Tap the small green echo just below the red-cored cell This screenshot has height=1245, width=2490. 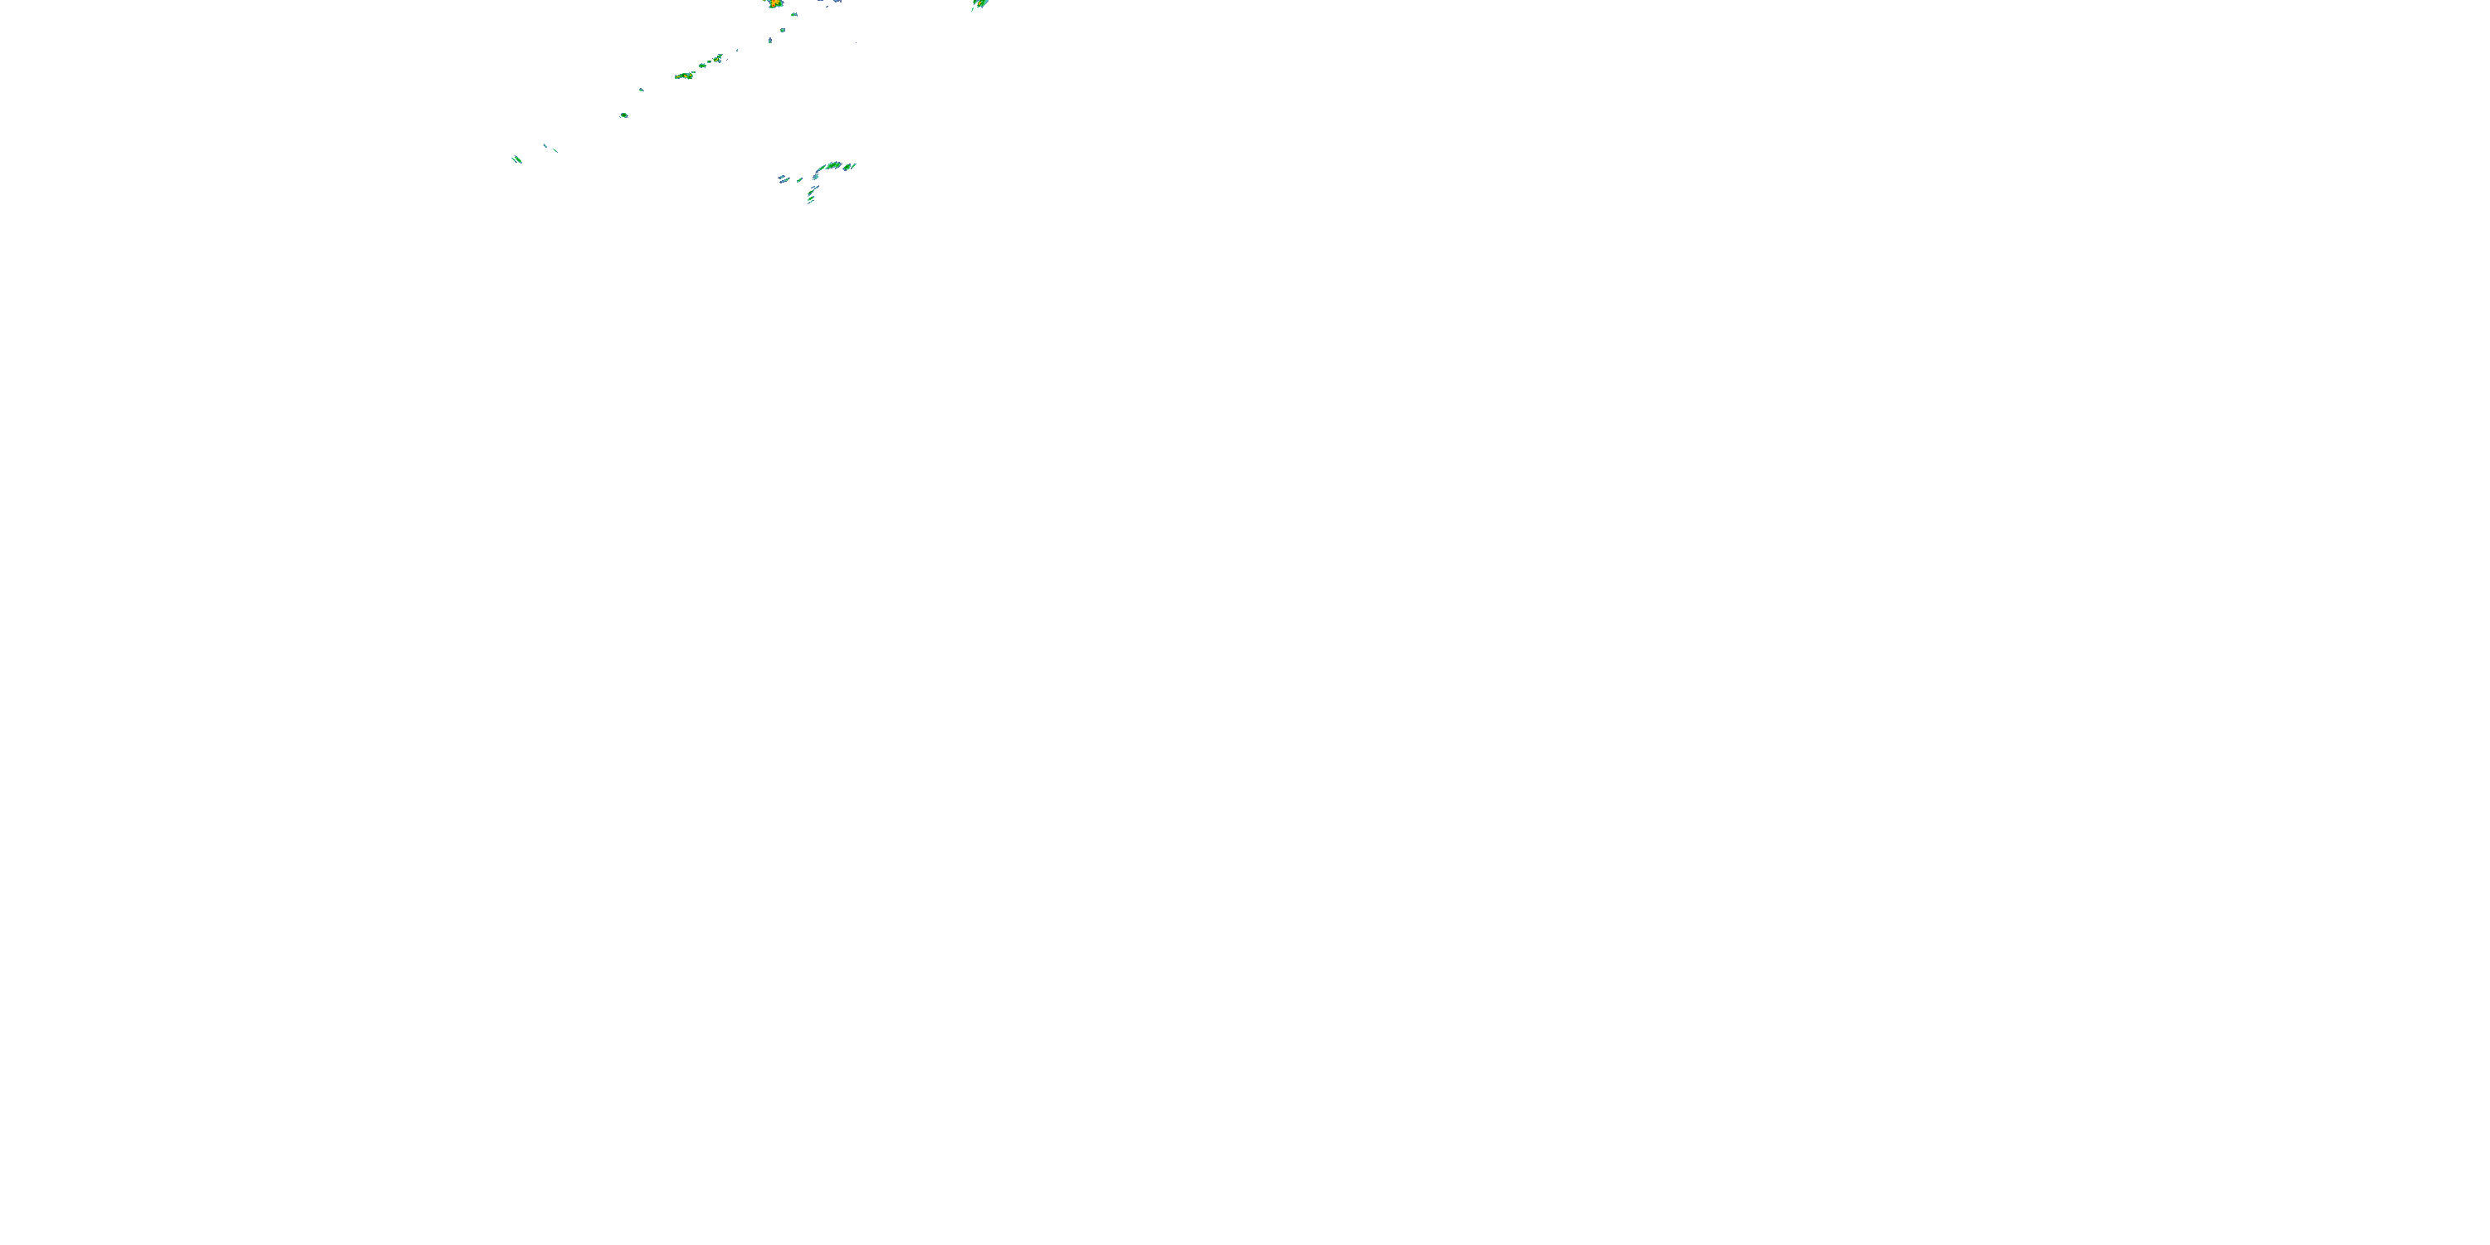coord(794,14)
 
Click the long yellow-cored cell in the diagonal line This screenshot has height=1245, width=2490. coord(685,76)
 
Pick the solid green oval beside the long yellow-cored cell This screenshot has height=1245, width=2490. coord(704,66)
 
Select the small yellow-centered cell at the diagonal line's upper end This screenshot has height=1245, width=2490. coord(717,58)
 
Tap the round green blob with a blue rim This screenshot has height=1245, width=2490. coord(623,115)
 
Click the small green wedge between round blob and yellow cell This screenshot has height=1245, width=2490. coord(641,90)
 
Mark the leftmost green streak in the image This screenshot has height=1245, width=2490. coord(516,159)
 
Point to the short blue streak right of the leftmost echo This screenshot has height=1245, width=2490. coord(545,145)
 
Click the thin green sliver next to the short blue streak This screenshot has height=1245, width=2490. coord(554,150)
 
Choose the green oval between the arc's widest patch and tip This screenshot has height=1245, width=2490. coord(846,167)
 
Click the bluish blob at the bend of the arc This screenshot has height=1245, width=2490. coord(816,176)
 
